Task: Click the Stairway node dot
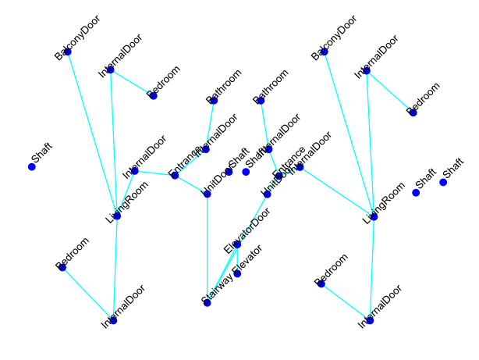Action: tap(207, 303)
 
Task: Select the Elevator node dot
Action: tap(237, 273)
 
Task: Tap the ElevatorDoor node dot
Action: tap(237, 244)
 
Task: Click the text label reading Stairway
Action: tap(216, 290)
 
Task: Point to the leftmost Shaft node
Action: tap(32, 167)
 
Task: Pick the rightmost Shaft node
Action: tap(443, 182)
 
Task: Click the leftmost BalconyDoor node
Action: tap(68, 52)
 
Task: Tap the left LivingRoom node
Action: tap(117, 216)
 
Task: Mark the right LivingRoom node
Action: tap(374, 216)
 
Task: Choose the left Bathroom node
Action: tap(214, 100)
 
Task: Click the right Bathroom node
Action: tap(261, 100)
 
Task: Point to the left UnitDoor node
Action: tap(207, 194)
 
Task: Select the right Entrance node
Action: tap(279, 176)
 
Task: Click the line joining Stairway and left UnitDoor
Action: tap(207, 250)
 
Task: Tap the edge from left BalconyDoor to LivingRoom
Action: tap(92, 133)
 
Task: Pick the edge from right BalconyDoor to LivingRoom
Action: tap(349, 134)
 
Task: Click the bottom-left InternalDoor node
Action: tap(113, 320)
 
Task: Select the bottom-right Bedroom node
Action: tap(321, 283)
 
